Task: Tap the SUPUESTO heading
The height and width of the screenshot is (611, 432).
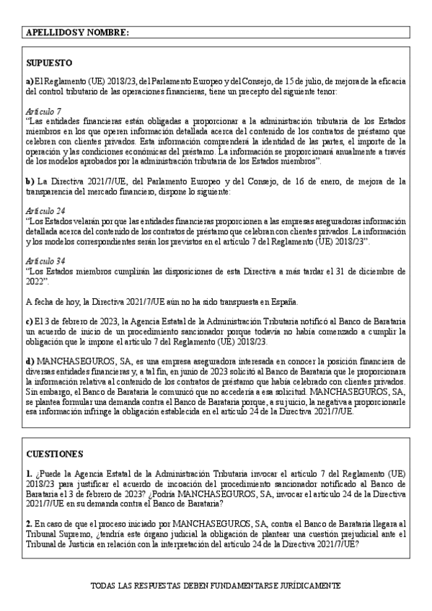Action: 49,64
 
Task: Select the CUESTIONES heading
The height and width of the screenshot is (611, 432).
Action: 54,455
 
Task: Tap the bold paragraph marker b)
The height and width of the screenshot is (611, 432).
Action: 30,182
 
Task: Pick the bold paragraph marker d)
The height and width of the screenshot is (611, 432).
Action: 30,361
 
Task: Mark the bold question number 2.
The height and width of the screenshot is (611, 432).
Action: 28,525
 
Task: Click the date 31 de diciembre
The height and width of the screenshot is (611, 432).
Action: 366,271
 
